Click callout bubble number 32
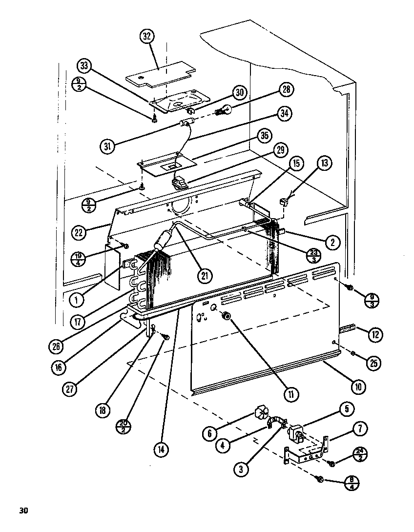click(x=146, y=37)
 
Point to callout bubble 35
click(x=265, y=137)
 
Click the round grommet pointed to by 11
click(x=226, y=317)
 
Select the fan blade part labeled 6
click(x=262, y=416)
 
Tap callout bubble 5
click(x=346, y=409)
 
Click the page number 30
click(x=23, y=511)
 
